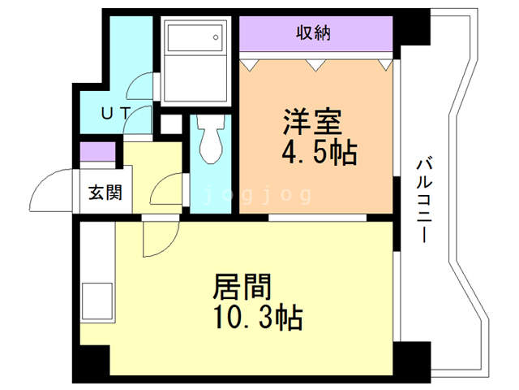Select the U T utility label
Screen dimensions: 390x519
[113, 114]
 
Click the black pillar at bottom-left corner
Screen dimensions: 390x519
[91, 362]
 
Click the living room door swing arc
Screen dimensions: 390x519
[158, 239]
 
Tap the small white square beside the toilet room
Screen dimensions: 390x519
[169, 124]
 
